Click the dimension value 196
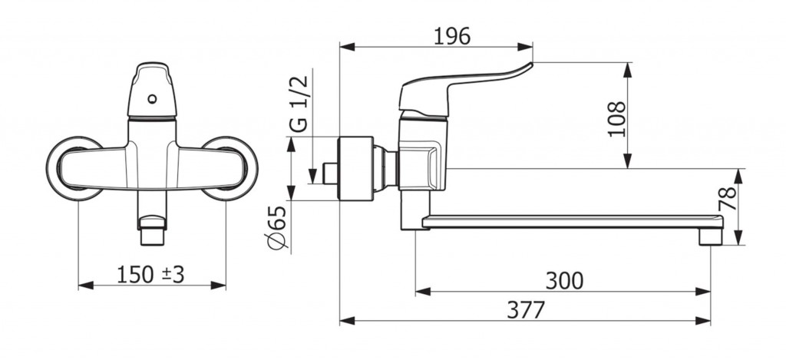coord(451,36)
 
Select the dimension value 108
coord(617,119)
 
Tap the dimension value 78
coord(728,199)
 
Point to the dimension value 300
coord(564,281)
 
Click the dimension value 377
coord(525,310)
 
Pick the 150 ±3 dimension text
coord(150,275)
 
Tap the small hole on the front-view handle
coord(153,99)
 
